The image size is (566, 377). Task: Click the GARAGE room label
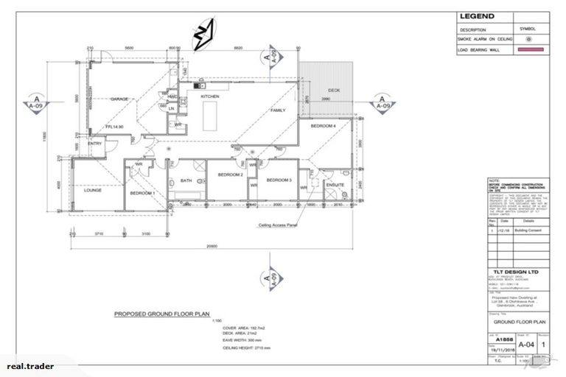tap(120, 98)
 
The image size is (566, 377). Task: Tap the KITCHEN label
tap(211, 96)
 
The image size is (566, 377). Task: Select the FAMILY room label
tap(277, 110)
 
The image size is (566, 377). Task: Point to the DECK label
tap(334, 91)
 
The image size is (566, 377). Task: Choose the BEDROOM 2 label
tap(230, 175)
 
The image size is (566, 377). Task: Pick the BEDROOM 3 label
tap(279, 180)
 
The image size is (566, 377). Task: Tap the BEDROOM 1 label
tap(141, 192)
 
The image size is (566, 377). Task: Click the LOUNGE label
tap(93, 190)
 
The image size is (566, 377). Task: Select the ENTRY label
tap(94, 144)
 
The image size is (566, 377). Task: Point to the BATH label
tap(186, 180)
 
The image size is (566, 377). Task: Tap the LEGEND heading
tap(477, 16)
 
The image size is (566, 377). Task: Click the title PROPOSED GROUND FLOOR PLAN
tap(161, 313)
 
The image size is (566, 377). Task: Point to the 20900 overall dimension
tap(212, 245)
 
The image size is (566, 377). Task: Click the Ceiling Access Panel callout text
tap(277, 227)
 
